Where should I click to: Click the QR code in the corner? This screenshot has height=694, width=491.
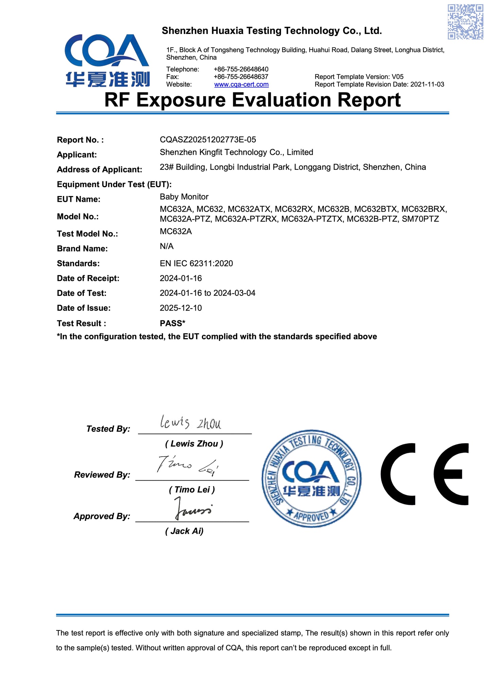(x=465, y=22)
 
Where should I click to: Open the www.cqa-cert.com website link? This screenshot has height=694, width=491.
(x=241, y=85)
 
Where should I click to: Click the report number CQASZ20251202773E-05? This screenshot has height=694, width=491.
(x=208, y=140)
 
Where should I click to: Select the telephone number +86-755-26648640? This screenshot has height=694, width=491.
(x=241, y=69)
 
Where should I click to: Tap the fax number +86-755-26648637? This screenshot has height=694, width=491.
(x=241, y=77)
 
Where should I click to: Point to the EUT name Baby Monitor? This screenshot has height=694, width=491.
(x=184, y=197)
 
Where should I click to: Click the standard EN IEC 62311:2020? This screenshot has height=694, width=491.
(x=196, y=263)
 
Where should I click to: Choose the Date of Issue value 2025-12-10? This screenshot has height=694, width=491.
(x=180, y=308)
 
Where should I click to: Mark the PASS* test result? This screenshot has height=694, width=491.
(x=172, y=323)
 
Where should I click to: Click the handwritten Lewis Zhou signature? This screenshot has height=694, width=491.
(x=191, y=423)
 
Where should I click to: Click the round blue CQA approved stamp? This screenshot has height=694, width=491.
(x=311, y=479)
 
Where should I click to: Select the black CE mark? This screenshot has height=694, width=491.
(x=425, y=474)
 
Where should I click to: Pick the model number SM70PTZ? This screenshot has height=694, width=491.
(x=420, y=219)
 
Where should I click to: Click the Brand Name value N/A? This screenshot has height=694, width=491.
(x=166, y=246)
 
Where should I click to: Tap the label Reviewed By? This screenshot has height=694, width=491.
(x=102, y=475)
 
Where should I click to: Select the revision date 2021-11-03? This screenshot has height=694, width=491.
(x=427, y=85)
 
